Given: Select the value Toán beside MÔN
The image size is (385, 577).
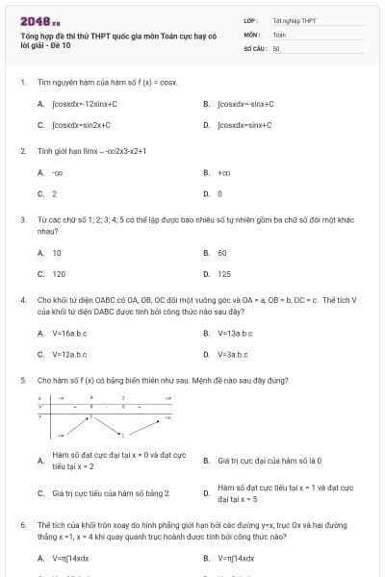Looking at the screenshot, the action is tap(279, 34).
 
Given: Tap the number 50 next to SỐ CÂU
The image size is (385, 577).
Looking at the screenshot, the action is tap(276, 47).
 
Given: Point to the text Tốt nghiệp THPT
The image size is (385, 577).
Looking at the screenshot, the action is tap(294, 20).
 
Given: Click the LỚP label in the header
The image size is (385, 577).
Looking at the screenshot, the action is tap(250, 20).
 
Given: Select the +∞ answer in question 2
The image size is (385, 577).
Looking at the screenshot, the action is tap(224, 173).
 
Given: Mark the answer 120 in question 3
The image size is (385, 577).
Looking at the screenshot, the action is tap(59, 274).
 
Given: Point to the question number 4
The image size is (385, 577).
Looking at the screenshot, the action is tap(23, 301).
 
